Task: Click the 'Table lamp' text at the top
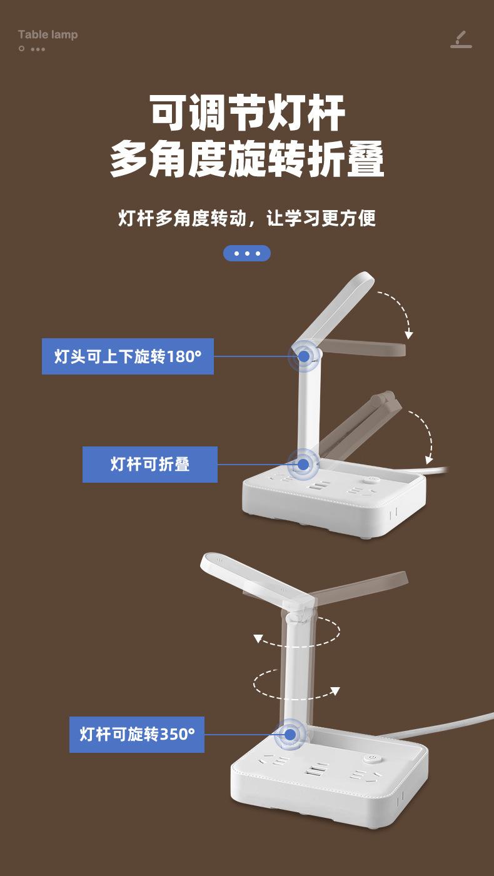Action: [x=48, y=34]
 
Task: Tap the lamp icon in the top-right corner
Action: [x=461, y=39]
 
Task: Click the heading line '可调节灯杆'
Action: [x=248, y=113]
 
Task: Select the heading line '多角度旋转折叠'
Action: [x=248, y=159]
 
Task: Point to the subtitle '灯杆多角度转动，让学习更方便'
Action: [x=248, y=218]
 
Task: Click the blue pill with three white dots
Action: [x=247, y=253]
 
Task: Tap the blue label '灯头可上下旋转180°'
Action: [x=128, y=356]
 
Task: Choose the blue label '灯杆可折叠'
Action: [x=150, y=464]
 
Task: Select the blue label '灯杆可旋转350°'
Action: [x=137, y=734]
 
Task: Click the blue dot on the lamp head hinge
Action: [x=304, y=356]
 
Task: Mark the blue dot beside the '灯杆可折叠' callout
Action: [x=303, y=464]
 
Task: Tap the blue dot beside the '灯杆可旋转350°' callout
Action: [x=290, y=734]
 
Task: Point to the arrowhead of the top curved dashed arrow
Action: [x=409, y=335]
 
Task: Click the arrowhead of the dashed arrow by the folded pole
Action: [x=428, y=460]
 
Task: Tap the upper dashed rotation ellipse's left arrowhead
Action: [x=258, y=638]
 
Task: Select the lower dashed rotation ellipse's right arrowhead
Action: [x=335, y=691]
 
